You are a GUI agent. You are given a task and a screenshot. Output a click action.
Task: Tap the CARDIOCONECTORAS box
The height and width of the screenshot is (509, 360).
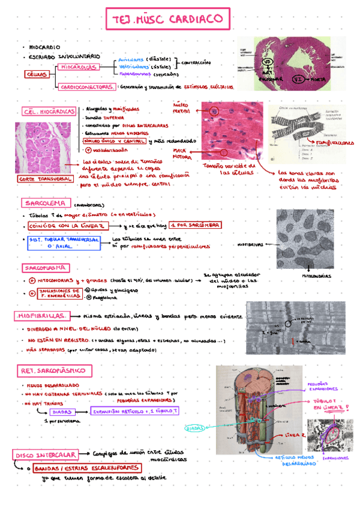[x=88, y=87]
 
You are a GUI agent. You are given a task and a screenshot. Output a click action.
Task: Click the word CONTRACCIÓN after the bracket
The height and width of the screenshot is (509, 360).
[x=195, y=62]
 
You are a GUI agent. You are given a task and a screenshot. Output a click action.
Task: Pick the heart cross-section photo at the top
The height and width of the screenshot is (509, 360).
[x=293, y=63]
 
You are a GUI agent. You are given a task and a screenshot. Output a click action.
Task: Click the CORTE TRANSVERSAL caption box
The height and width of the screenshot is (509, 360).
[x=41, y=179]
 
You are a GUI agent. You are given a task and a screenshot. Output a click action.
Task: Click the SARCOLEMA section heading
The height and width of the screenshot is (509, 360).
[x=45, y=203]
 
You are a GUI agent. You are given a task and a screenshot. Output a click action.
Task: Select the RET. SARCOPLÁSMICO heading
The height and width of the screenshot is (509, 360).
[x=55, y=370]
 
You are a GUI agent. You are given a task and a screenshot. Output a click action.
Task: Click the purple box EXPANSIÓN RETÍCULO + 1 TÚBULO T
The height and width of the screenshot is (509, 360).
[x=134, y=411]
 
